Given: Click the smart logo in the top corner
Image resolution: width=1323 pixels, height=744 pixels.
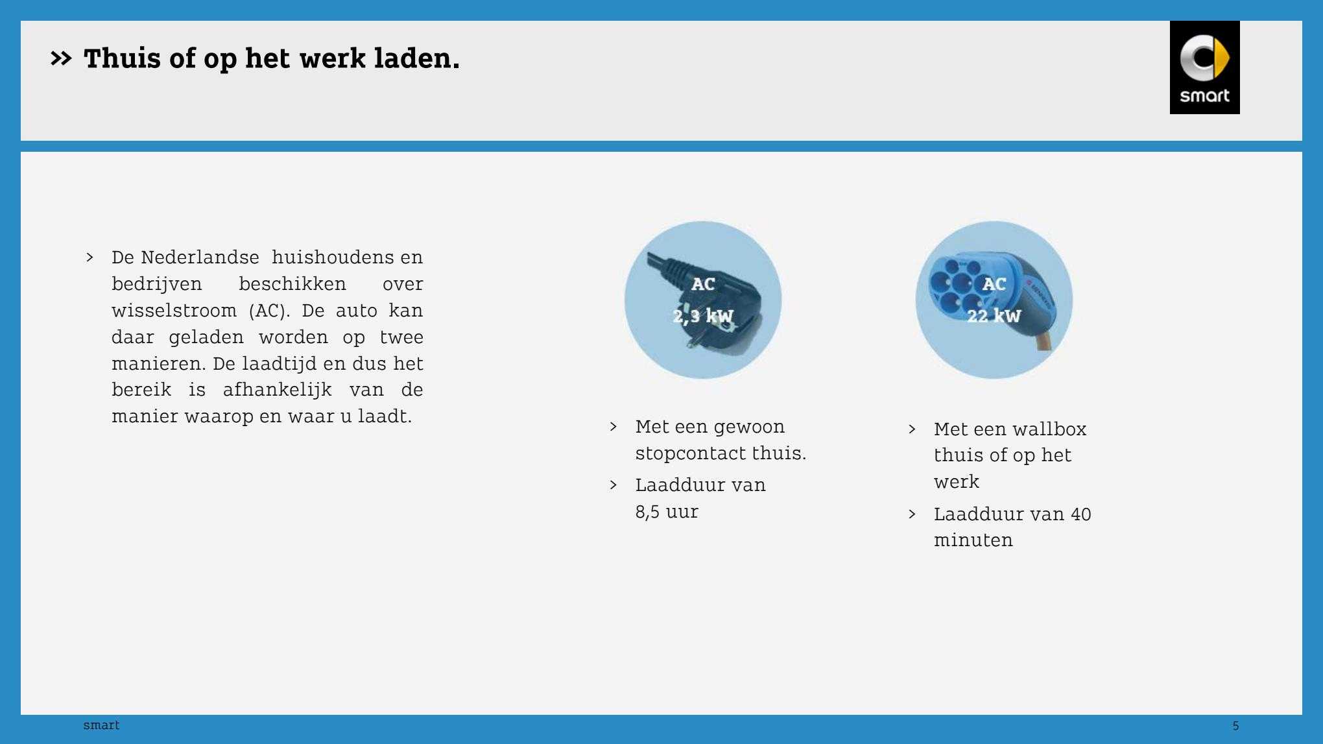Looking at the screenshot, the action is [x=1204, y=67].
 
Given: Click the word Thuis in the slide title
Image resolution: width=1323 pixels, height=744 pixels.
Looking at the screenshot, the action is [x=122, y=58].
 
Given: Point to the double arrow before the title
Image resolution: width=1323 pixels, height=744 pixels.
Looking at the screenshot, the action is [x=61, y=59].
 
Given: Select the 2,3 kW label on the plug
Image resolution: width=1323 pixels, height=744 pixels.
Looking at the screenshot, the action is [x=703, y=316].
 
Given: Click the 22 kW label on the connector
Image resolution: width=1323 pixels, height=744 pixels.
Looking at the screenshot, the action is [x=994, y=316].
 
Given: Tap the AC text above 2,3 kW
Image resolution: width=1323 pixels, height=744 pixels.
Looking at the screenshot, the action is [x=703, y=284].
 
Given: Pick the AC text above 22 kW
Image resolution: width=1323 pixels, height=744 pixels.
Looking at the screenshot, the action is [x=994, y=284].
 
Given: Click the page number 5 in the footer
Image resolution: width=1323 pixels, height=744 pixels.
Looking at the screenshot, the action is [x=1235, y=726].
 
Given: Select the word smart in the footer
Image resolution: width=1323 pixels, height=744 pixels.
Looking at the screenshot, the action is [x=101, y=725].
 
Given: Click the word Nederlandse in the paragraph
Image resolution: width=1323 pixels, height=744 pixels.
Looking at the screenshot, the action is [x=200, y=258].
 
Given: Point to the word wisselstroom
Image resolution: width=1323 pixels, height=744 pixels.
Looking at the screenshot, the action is [x=174, y=311].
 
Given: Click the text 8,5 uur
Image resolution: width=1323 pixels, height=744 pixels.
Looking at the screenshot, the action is [x=667, y=512].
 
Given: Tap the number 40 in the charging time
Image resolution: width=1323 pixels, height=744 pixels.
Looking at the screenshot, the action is [x=1080, y=514].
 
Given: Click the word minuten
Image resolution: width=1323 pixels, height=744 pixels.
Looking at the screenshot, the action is [x=973, y=540].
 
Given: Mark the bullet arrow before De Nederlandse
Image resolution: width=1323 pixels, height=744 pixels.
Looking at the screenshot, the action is [x=89, y=258].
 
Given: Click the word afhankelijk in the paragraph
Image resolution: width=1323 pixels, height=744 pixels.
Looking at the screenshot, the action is [x=277, y=390].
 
